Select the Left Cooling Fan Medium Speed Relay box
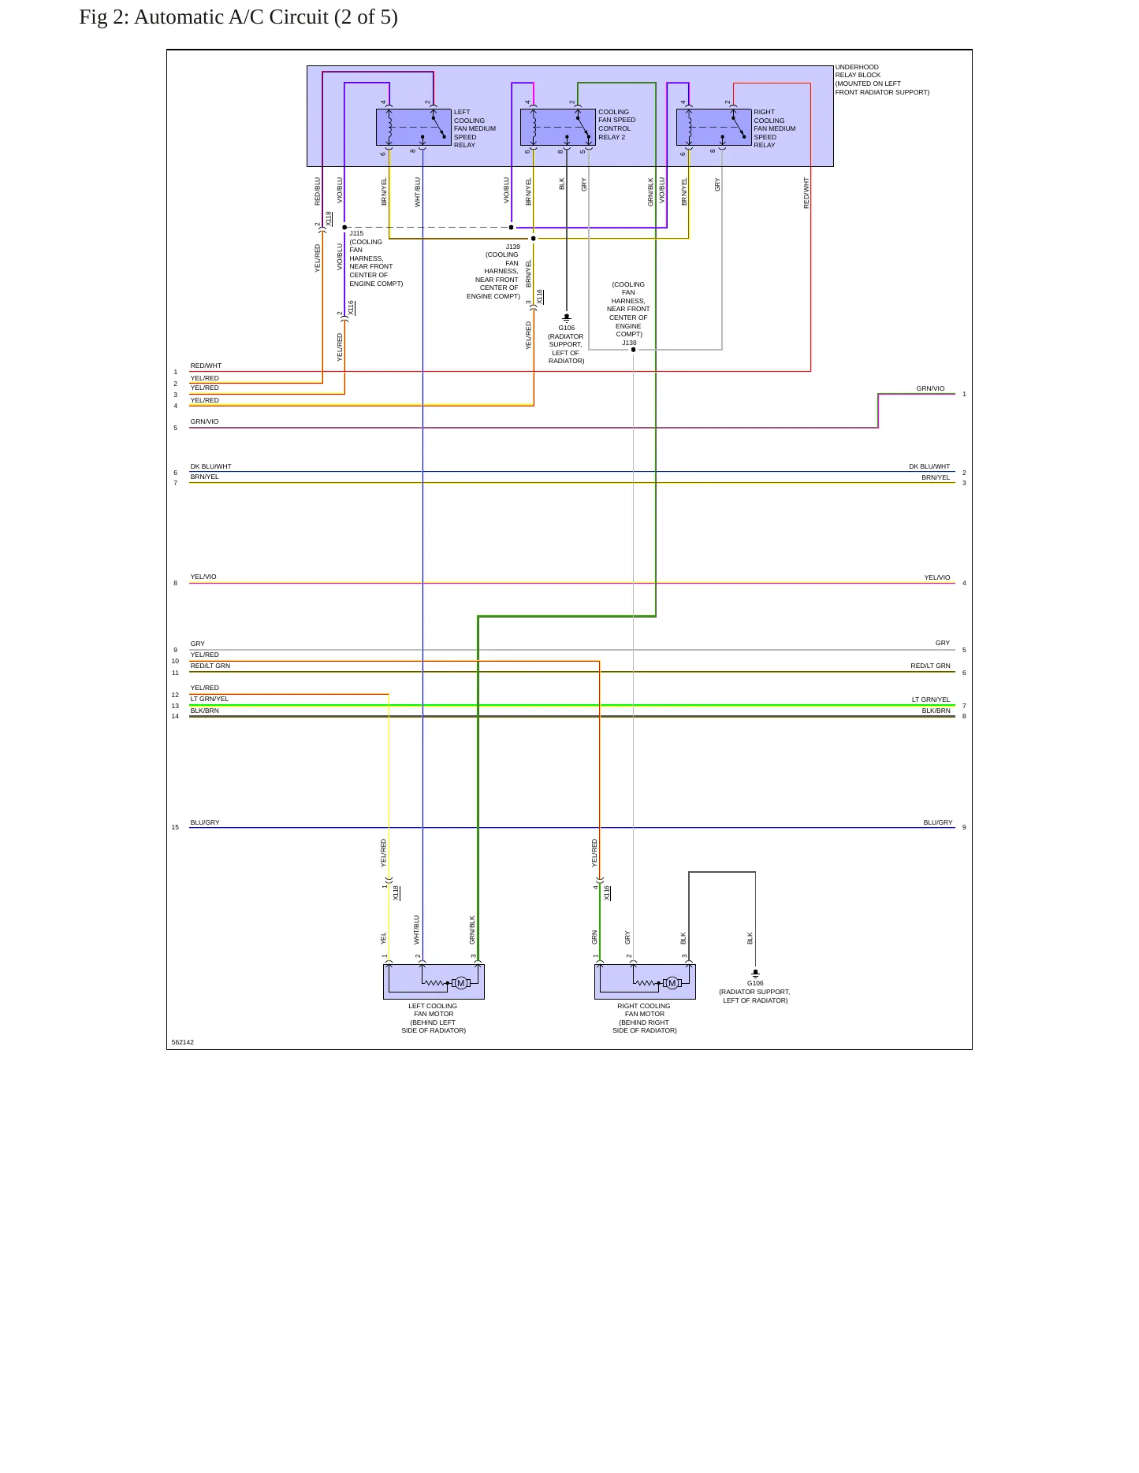414,128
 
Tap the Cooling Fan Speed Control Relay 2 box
558,128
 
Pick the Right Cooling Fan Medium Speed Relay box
714,128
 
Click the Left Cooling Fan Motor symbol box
434,981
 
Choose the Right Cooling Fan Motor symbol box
645,981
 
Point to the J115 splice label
356,233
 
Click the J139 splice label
512,247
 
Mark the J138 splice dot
633,350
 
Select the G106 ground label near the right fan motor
755,983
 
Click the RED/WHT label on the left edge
206,365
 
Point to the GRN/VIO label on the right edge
930,388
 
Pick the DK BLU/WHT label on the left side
210,466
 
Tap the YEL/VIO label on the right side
937,577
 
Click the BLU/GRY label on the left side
205,822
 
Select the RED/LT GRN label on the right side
930,666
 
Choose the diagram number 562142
182,1042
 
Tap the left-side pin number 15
175,827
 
